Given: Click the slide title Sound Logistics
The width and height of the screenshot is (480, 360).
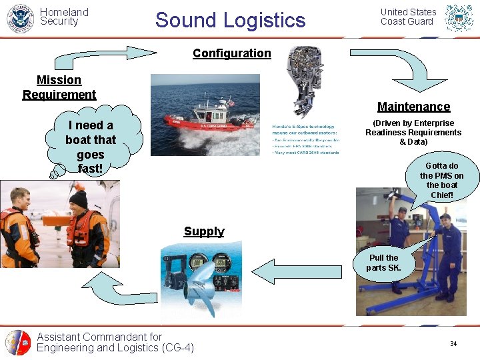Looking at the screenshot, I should [x=230, y=20].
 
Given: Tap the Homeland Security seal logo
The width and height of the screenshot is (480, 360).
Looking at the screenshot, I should [x=19, y=18].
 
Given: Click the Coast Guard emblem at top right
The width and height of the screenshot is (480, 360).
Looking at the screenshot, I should [x=459, y=18].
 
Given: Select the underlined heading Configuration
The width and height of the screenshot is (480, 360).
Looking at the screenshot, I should [x=231, y=53].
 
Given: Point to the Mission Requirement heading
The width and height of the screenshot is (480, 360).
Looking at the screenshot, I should [x=59, y=87].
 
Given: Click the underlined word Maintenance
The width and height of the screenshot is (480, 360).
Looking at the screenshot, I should [x=413, y=107].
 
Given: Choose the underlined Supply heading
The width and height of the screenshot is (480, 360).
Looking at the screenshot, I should [x=204, y=231].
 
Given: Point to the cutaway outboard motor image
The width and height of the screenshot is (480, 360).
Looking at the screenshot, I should [x=303, y=80].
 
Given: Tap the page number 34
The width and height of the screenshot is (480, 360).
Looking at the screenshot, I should [x=453, y=344].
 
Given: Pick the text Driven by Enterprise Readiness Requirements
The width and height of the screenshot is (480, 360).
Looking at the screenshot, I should [x=413, y=133].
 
